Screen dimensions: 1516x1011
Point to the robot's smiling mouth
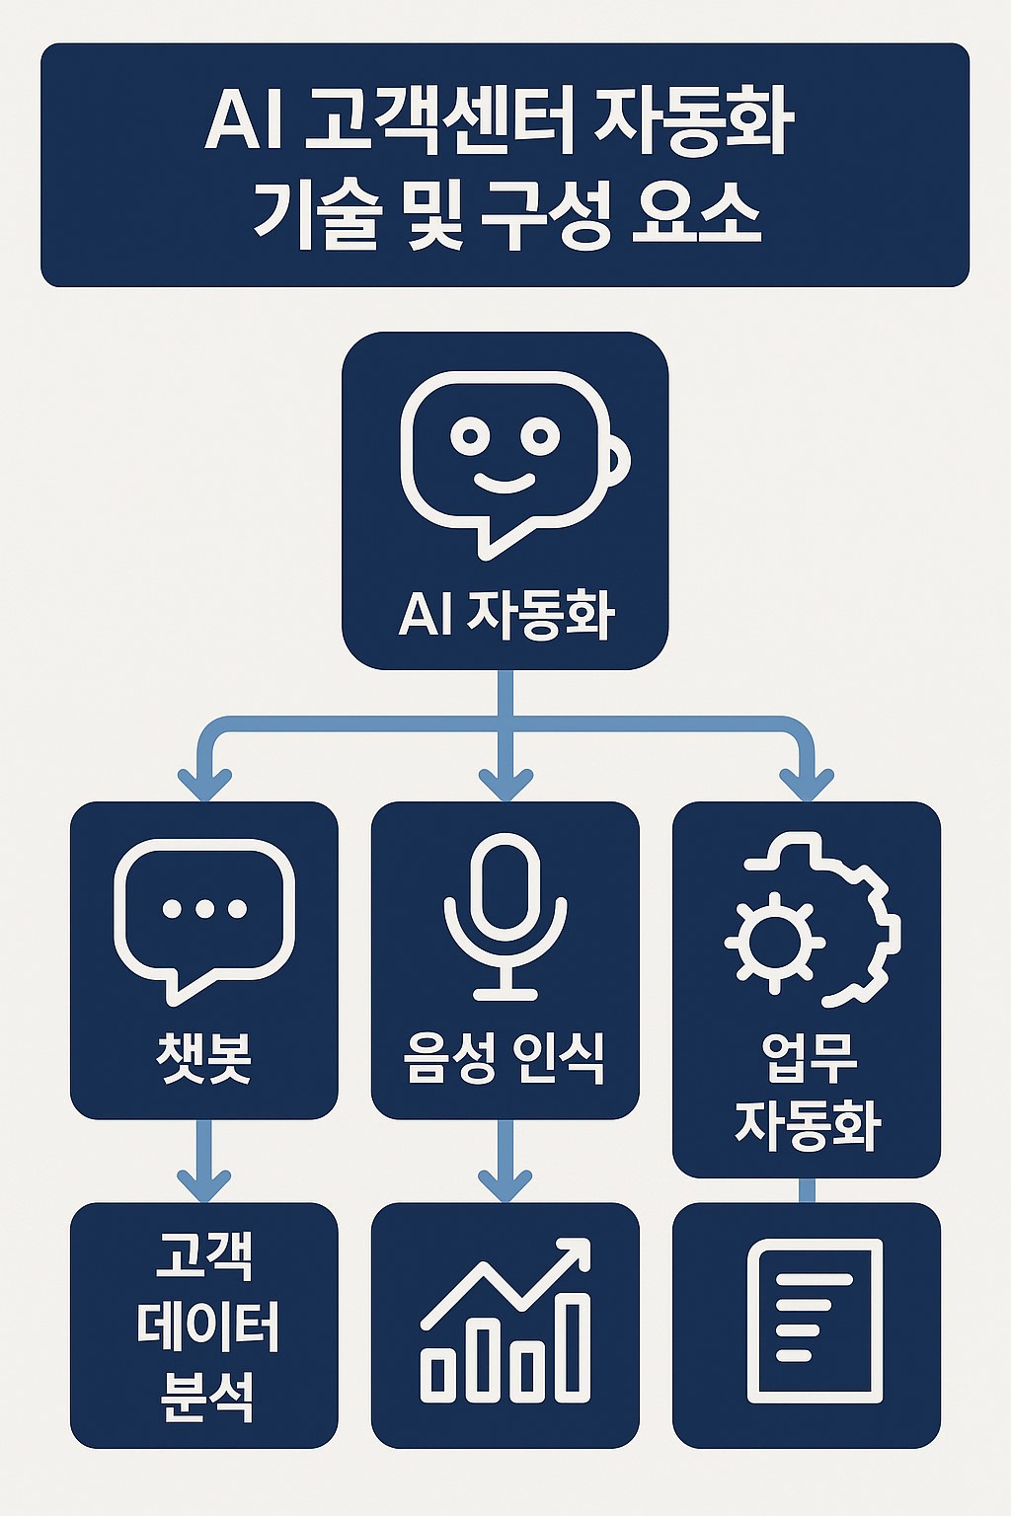pos(505,483)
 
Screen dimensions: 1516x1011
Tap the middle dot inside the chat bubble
pos(204,909)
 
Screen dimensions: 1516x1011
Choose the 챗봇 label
pos(204,1058)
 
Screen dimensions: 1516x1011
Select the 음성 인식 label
pos(505,1058)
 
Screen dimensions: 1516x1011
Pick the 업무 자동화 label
pos(807,1092)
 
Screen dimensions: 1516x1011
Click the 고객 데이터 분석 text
pos(205,1325)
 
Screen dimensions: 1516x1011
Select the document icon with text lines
pos(815,1321)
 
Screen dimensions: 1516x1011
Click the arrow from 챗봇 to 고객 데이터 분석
pos(204,1161)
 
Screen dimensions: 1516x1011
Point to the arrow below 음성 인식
pos(505,1161)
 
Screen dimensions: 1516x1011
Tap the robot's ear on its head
pos(619,459)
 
